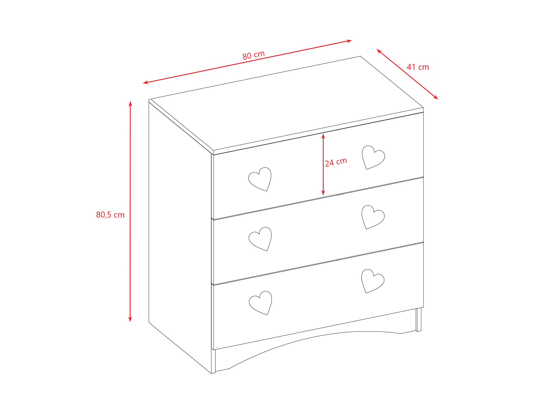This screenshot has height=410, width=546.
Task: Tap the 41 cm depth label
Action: pyautogui.click(x=418, y=67)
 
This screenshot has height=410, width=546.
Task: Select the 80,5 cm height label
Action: pyautogui.click(x=110, y=215)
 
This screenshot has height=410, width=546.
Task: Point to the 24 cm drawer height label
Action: pyautogui.click(x=336, y=162)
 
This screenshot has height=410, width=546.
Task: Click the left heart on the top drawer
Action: pyautogui.click(x=260, y=179)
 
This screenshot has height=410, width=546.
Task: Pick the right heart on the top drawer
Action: pyautogui.click(x=373, y=157)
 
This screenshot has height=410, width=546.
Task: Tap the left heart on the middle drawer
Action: pyautogui.click(x=260, y=239)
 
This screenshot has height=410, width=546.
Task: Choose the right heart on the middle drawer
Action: pyautogui.click(x=373, y=217)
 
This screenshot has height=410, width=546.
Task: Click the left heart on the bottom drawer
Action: pyautogui.click(x=260, y=303)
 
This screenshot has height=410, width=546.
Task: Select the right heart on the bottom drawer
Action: pyautogui.click(x=373, y=281)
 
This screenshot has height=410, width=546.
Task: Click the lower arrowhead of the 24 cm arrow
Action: pyautogui.click(x=323, y=193)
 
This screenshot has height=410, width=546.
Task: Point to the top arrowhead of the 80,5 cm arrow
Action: pyautogui.click(x=131, y=104)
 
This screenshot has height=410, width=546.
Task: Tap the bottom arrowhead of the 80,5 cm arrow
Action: pyautogui.click(x=130, y=319)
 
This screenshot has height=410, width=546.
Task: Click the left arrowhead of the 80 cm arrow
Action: pyautogui.click(x=146, y=83)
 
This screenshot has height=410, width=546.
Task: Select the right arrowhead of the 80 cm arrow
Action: pyautogui.click(x=349, y=41)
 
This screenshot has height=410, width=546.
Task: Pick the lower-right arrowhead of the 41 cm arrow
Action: pyautogui.click(x=436, y=97)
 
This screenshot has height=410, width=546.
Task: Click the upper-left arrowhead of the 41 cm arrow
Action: pyautogui.click(x=379, y=51)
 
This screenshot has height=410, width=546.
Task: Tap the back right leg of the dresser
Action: pyautogui.click(x=419, y=319)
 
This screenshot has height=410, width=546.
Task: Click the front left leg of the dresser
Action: pyautogui.click(x=213, y=361)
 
